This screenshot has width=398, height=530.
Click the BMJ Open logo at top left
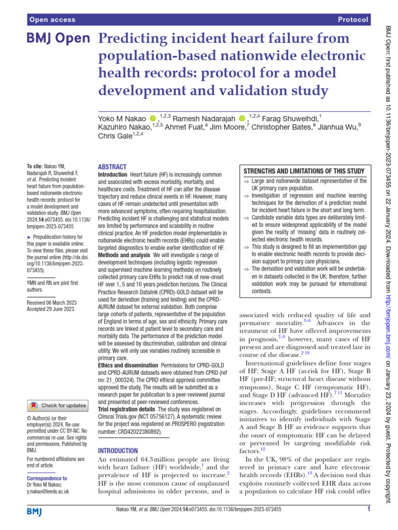pos(58,39)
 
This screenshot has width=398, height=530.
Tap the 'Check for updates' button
pos(58,405)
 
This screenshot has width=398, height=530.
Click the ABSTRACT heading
pos(112,167)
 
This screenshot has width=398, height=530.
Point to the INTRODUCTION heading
pos(118,451)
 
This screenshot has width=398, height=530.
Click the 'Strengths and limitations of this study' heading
pos(304,171)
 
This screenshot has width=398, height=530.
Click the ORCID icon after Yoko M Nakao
pos(152,119)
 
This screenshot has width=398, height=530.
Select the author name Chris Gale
pos(115,137)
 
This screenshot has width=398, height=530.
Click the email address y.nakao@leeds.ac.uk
pos(47,491)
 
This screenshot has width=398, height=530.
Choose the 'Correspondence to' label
pos(47,479)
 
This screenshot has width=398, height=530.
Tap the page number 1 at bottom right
pos(368,509)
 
